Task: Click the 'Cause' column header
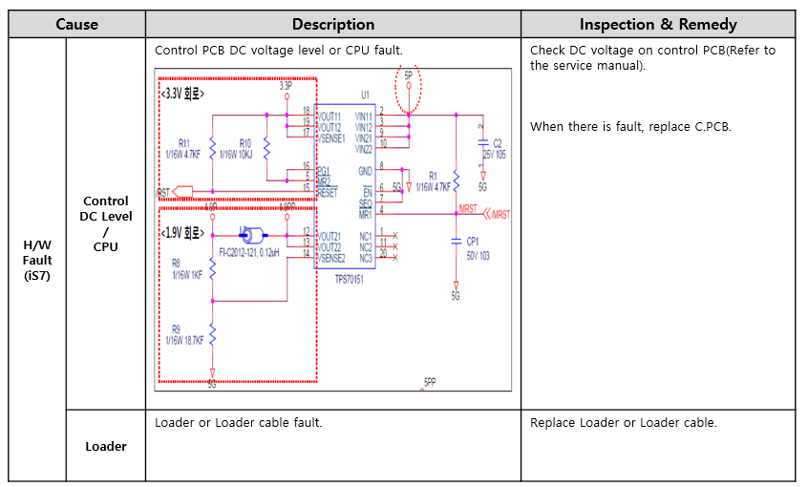76,24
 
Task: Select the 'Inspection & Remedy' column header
658,24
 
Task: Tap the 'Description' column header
332,24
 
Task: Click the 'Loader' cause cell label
105,446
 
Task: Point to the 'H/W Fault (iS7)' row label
37,260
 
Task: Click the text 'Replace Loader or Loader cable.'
623,423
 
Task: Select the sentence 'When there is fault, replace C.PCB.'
630,126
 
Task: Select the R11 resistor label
183,143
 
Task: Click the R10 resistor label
245,143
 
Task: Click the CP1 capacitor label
473,242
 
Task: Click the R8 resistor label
176,262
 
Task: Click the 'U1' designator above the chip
365,95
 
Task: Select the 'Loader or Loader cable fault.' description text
238,423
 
